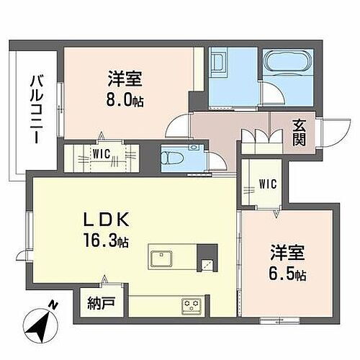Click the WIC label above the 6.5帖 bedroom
coord(267,181)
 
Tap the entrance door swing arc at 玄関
coord(332,132)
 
